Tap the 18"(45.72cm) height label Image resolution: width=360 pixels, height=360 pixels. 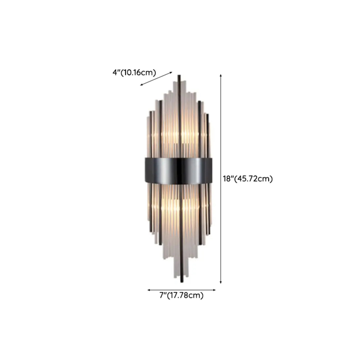click(x=248, y=179)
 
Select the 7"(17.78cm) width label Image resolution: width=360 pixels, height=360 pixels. click(x=181, y=296)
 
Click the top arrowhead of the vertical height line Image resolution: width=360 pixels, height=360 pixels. click(x=221, y=75)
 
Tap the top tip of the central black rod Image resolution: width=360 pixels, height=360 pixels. click(x=179, y=75)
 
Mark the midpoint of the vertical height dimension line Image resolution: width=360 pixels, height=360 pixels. click(x=221, y=179)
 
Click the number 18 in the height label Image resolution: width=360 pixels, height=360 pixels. click(x=227, y=179)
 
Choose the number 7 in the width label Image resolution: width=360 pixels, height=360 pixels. click(x=161, y=296)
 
